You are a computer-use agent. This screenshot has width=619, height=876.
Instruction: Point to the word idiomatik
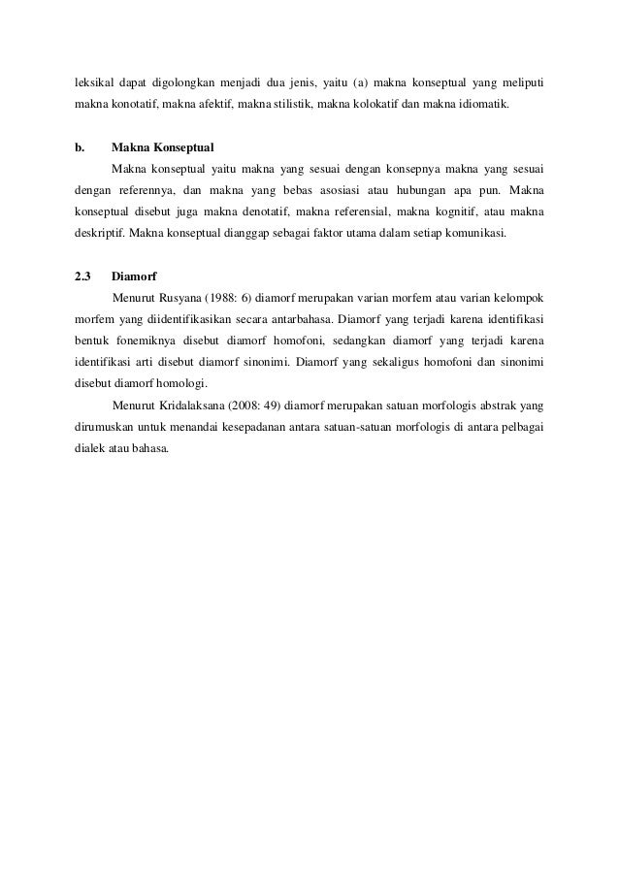(490, 100)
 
